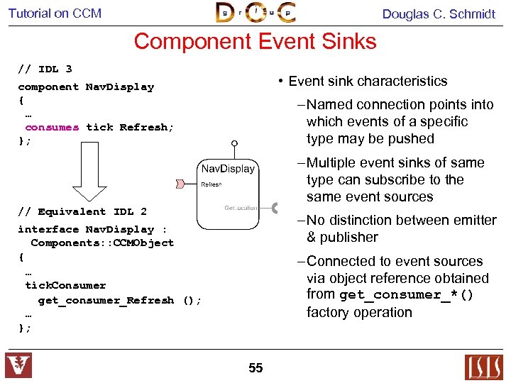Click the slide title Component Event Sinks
pos(255,41)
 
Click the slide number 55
pos(255,367)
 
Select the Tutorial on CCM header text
pos(55,13)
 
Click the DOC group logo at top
pos(255,13)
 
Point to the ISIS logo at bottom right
pos(483,367)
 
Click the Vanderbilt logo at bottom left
pos(18,366)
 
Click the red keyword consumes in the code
pos(52,128)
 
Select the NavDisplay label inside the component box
pos(228,169)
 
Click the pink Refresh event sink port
pos(181,184)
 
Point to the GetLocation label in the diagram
pos(241,207)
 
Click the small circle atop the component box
pos(235,145)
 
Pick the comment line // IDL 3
pos(45,69)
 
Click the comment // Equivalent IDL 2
pos(82,211)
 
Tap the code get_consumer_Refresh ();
pos(120,300)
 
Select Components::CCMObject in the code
pos(102,243)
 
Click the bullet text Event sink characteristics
pos(368,82)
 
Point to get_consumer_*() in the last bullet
pos(406,295)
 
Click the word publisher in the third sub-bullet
pos(342,237)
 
